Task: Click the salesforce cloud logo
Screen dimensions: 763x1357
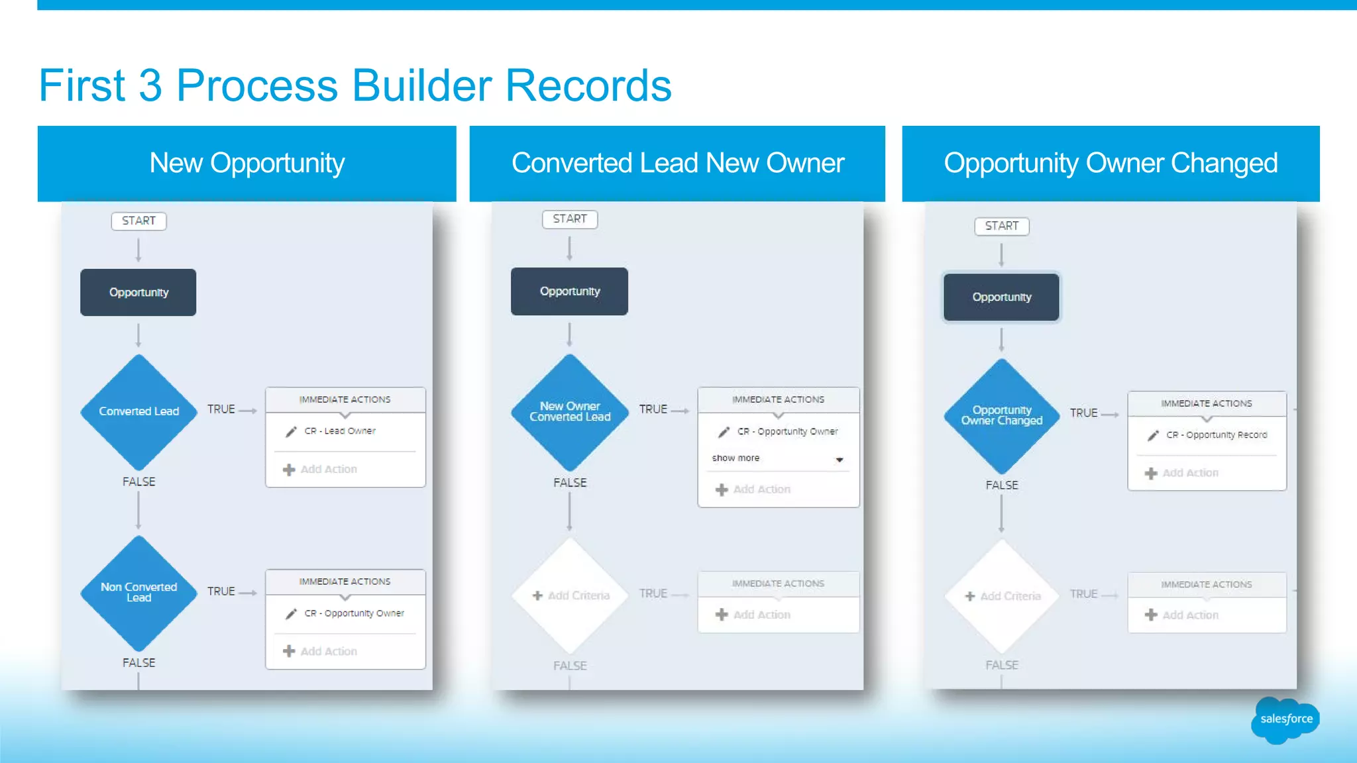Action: (x=1285, y=719)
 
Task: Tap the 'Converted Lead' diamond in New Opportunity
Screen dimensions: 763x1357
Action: (x=138, y=411)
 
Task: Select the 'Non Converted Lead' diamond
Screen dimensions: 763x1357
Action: (x=138, y=592)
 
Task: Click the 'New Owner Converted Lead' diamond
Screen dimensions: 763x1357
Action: (x=570, y=411)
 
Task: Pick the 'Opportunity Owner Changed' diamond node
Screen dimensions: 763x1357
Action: (x=1001, y=415)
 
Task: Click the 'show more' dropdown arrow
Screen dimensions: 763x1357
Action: (x=840, y=459)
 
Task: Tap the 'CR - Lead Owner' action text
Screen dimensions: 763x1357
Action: (x=340, y=431)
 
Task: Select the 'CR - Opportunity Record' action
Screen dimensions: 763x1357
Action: (x=1217, y=435)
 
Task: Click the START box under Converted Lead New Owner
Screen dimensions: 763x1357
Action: (x=570, y=219)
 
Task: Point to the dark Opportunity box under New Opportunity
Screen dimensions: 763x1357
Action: (x=138, y=292)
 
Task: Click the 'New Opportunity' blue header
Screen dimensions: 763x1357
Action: (x=246, y=163)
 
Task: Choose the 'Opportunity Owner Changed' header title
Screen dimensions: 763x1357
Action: (x=1111, y=163)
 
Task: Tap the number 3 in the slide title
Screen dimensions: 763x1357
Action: (x=150, y=85)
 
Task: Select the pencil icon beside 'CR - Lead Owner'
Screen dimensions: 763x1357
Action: (x=291, y=432)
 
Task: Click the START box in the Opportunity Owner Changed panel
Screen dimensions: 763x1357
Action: (x=1001, y=226)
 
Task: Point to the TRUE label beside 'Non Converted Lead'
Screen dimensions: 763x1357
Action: (x=221, y=591)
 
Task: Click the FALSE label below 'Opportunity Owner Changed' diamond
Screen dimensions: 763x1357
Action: (x=1001, y=485)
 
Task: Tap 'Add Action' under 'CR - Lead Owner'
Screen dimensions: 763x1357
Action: (x=328, y=470)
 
